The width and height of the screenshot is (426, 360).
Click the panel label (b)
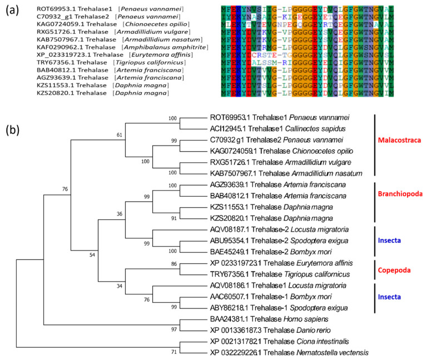(x=13, y=132)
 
